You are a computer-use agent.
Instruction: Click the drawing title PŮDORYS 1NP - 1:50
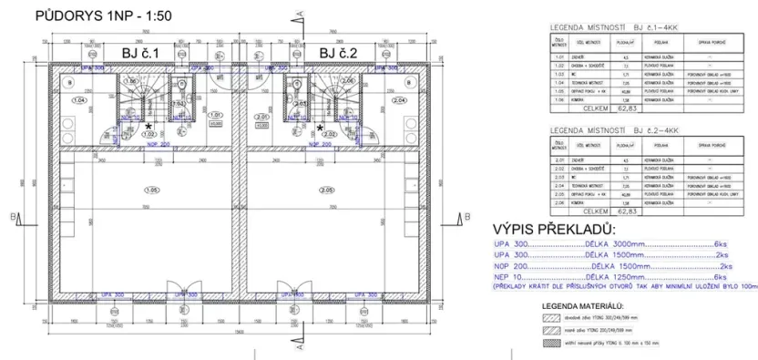(102, 15)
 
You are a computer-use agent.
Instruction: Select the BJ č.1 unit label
(140, 53)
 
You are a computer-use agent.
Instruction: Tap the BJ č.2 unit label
(338, 53)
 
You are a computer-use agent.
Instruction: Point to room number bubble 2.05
(326, 190)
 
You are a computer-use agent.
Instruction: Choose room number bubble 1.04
(78, 100)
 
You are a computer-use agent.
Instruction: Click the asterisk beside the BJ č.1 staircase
(149, 126)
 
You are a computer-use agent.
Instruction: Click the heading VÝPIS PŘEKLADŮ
(553, 228)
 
